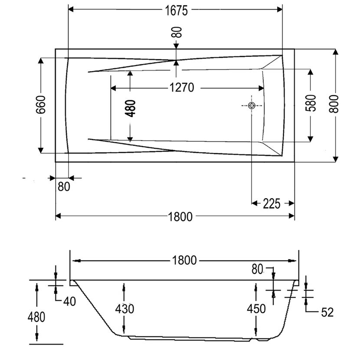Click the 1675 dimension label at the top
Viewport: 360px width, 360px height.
tap(177, 10)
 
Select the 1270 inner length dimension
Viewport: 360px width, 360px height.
tap(182, 88)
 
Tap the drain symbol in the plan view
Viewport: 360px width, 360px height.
tap(252, 105)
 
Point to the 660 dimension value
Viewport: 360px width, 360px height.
tap(41, 105)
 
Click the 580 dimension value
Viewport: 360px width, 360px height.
tap(311, 103)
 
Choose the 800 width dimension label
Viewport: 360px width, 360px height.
tap(334, 104)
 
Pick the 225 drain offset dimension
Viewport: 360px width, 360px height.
tap(272, 204)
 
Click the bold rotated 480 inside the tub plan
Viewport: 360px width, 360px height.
tap(131, 108)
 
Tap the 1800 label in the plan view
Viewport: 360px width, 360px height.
tap(180, 217)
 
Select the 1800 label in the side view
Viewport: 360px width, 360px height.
tap(184, 260)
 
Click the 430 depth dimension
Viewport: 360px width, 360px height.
tap(124, 309)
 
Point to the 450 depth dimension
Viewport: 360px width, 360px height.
tap(256, 309)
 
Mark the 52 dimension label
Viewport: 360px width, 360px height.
tap(327, 312)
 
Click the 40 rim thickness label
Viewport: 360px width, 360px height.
tap(69, 301)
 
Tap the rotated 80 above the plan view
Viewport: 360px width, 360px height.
tap(177, 32)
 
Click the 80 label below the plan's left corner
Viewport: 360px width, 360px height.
tap(64, 187)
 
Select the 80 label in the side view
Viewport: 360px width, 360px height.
tap(257, 269)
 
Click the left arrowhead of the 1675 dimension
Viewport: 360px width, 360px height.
tap(71, 10)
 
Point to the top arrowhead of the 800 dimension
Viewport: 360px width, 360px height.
tap(335, 52)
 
